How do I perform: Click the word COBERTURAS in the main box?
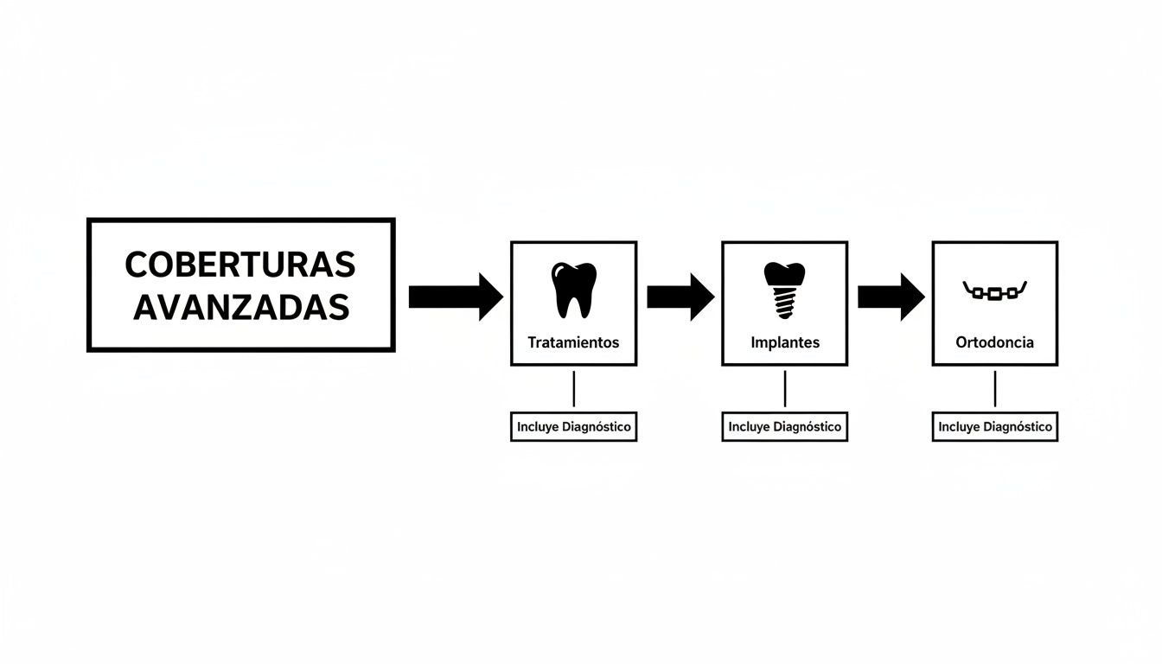(x=240, y=265)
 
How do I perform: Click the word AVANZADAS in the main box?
(x=240, y=307)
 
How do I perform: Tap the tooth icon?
(x=573, y=290)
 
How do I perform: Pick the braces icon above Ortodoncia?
(x=994, y=290)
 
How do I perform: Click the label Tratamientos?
(x=573, y=342)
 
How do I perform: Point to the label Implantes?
(x=785, y=342)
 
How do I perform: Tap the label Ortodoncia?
(x=994, y=342)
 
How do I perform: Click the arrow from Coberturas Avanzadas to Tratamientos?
(x=455, y=297)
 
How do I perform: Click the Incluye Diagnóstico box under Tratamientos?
(x=573, y=427)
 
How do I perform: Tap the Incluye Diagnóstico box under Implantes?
(x=784, y=427)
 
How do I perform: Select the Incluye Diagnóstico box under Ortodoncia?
(x=994, y=427)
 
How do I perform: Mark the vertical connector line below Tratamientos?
(x=574, y=389)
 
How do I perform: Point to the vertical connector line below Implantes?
(x=785, y=389)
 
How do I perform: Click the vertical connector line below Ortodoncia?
(x=995, y=389)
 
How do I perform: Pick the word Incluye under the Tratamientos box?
(x=538, y=427)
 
